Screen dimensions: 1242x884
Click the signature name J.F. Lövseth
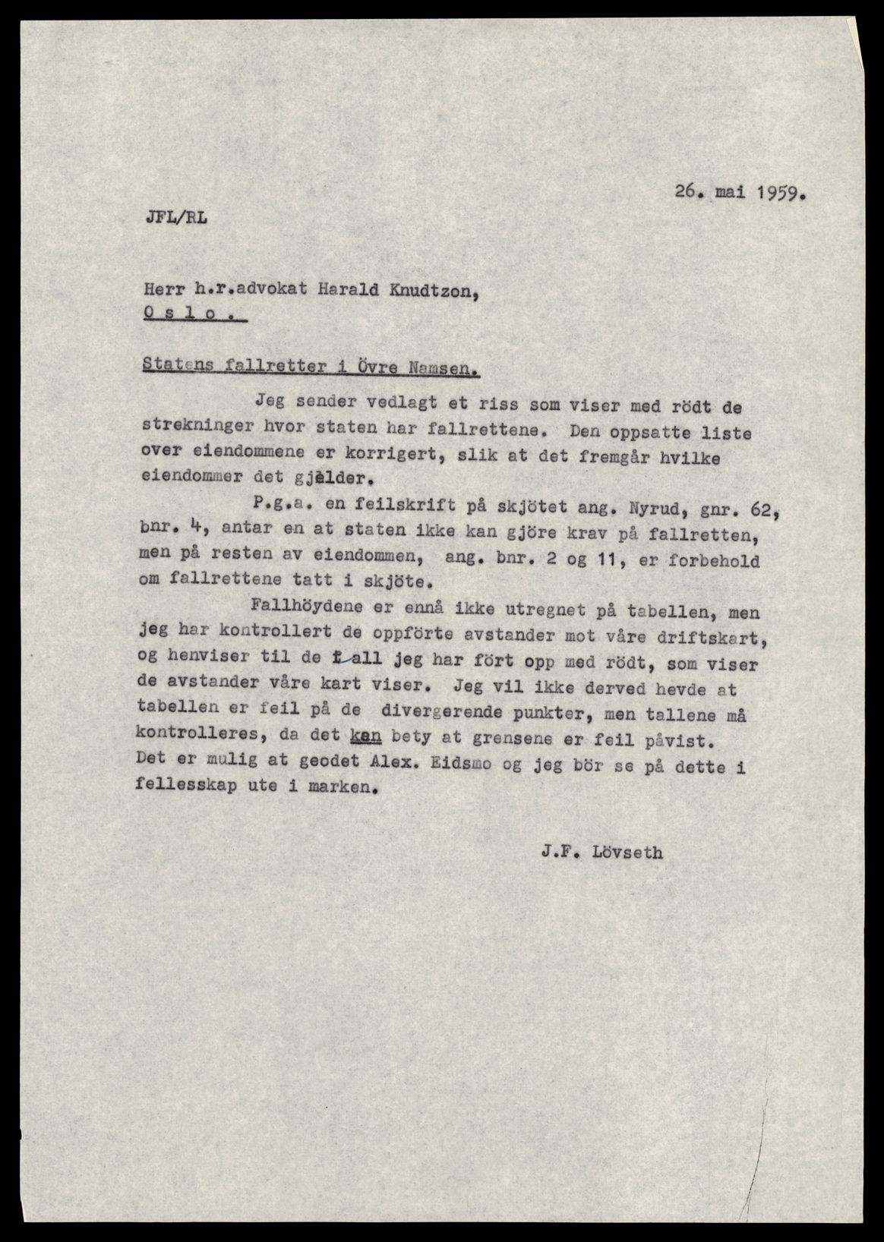[602, 853]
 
